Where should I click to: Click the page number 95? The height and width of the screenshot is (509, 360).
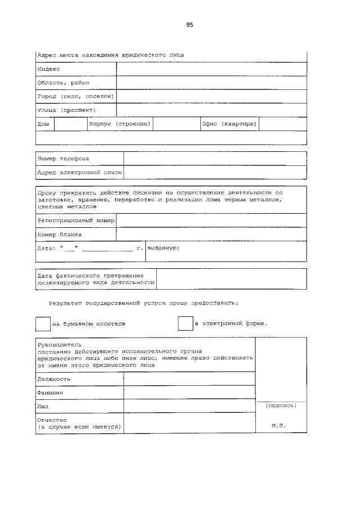190,25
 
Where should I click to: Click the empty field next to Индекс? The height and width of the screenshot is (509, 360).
211,69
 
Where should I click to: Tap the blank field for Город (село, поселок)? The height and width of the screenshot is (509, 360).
211,96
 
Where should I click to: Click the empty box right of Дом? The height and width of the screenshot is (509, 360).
70,124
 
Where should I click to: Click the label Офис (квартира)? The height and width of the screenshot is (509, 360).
229,124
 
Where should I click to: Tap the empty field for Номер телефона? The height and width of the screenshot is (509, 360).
215,159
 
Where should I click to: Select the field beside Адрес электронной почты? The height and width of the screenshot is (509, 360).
215,172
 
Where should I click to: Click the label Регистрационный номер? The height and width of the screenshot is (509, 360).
75,220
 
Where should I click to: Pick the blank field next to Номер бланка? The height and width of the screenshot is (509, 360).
211,234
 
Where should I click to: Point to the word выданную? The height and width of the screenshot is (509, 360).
163,247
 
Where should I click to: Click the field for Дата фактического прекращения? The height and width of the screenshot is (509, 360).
231,279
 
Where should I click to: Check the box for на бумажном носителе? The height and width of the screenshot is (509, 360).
43,324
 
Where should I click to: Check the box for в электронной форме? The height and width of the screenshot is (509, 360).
185,324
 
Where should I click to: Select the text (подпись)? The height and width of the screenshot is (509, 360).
280,405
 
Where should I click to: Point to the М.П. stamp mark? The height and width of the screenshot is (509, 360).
279,426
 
